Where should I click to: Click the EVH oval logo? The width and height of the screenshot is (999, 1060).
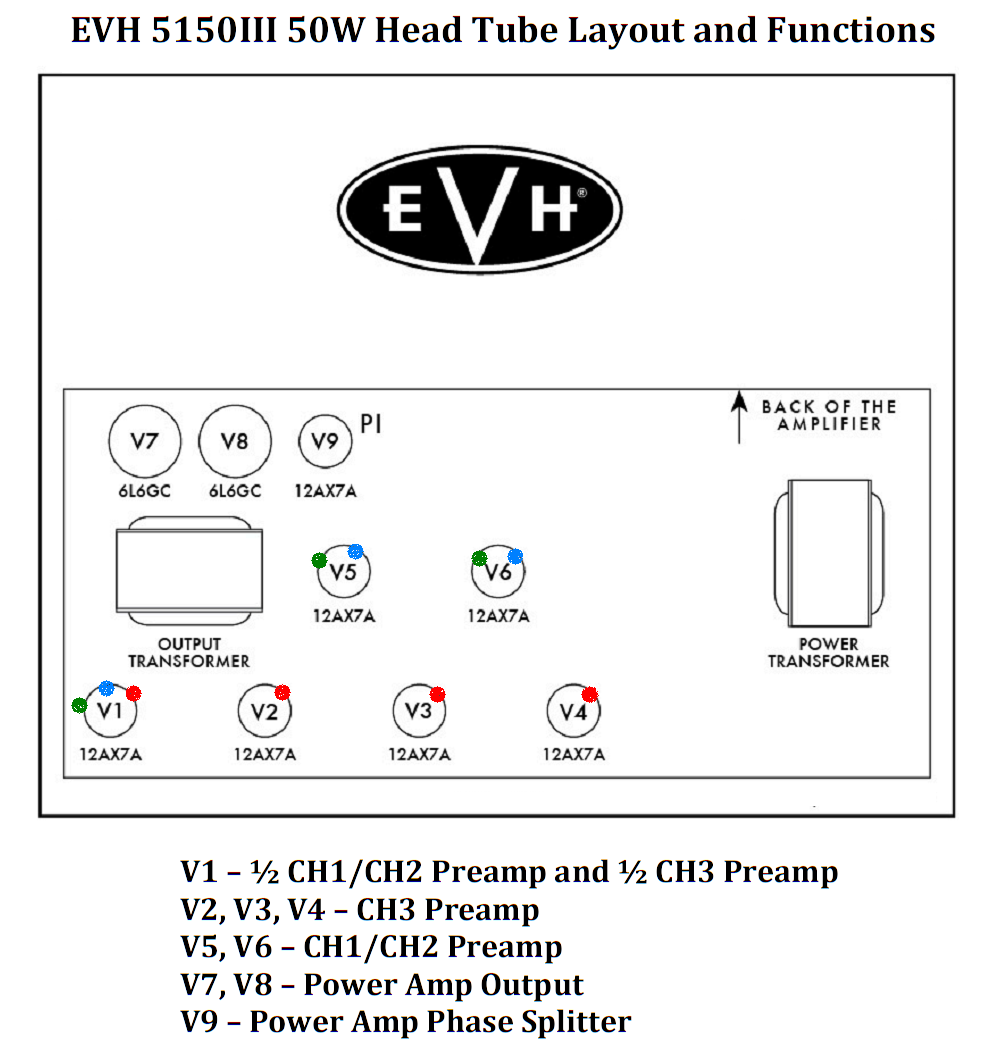click(480, 208)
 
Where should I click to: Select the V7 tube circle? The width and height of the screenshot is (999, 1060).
click(143, 440)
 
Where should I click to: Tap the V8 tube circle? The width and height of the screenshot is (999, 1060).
click(233, 440)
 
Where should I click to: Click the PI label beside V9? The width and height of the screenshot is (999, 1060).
click(371, 424)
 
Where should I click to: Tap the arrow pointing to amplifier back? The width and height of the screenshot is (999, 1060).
click(739, 416)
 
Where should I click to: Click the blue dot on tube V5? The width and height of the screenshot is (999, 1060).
click(354, 552)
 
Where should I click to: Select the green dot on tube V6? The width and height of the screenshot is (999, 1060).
click(479, 558)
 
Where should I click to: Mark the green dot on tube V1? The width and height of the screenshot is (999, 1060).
click(80, 706)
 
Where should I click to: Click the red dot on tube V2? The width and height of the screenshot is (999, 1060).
click(282, 692)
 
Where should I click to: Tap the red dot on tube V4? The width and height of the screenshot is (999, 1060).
click(590, 694)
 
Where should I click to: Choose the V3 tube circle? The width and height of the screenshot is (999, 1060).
click(419, 711)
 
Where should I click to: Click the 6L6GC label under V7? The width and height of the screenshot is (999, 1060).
click(143, 491)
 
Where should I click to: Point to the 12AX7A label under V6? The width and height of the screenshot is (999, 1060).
click(498, 616)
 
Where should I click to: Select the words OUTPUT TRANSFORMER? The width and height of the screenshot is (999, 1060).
click(188, 653)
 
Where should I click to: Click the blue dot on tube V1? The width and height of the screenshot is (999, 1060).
click(107, 688)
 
